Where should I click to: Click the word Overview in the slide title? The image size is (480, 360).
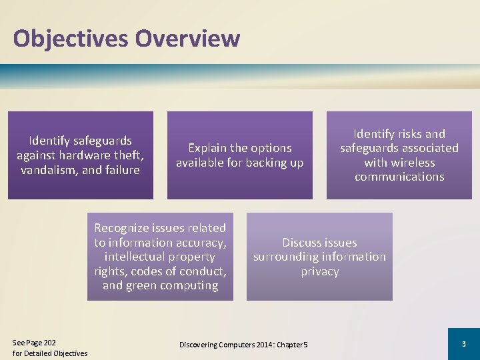(187, 38)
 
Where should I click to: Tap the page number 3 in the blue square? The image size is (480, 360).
(463, 343)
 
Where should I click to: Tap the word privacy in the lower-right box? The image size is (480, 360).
(319, 271)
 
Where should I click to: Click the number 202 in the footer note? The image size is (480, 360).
(49, 343)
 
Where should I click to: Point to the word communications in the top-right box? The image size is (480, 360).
(399, 177)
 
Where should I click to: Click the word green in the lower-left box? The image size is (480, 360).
(142, 285)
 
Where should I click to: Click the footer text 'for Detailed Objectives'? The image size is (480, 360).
(50, 353)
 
